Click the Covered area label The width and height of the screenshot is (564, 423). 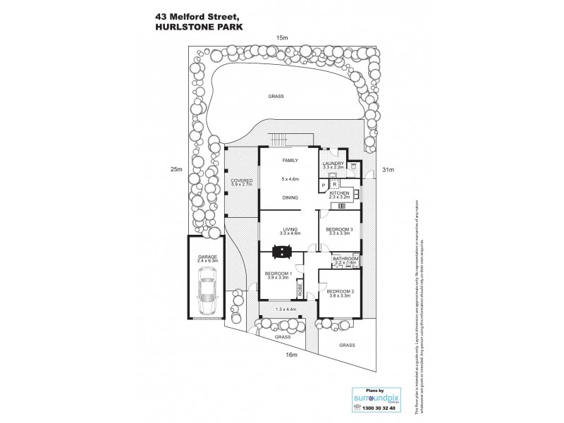(x=242, y=181)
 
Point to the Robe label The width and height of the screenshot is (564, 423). (x=300, y=288)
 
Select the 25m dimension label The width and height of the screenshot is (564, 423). (x=176, y=169)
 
